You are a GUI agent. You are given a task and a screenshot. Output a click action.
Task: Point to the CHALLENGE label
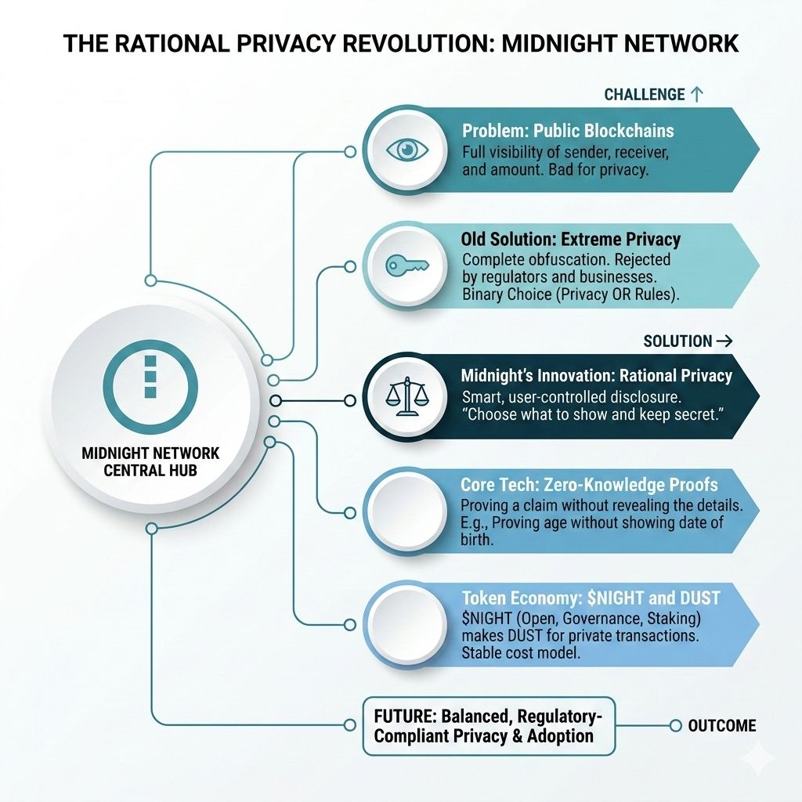click(x=645, y=95)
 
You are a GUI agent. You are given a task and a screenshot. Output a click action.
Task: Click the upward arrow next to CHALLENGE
click(x=696, y=94)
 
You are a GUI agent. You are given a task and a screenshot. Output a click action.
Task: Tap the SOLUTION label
click(x=677, y=341)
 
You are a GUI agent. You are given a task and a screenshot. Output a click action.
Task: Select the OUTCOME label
click(x=721, y=726)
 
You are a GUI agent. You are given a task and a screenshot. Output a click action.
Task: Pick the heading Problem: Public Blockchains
click(x=568, y=131)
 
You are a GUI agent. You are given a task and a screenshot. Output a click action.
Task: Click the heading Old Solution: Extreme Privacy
click(x=571, y=240)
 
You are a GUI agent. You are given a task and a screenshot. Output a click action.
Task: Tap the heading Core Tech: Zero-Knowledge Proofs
click(x=589, y=485)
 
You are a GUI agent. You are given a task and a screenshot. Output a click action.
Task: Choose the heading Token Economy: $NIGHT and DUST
click(x=591, y=598)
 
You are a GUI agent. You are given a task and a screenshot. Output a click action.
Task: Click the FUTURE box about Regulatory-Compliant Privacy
click(x=483, y=726)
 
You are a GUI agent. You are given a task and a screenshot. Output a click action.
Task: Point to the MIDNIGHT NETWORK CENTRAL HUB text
click(x=151, y=463)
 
